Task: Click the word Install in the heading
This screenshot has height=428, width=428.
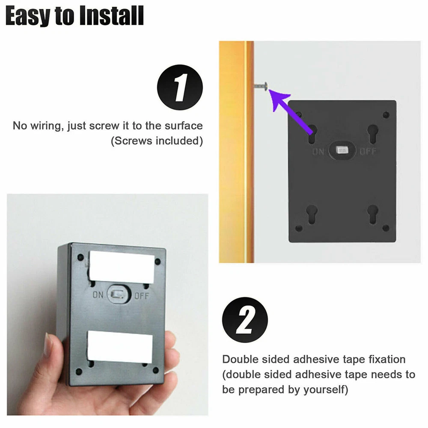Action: point(112,16)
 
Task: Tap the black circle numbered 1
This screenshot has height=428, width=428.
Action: point(180,87)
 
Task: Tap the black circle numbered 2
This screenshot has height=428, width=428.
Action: point(245,320)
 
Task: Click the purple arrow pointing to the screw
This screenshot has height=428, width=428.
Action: point(291,112)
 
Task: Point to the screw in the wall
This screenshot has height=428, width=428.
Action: point(261,86)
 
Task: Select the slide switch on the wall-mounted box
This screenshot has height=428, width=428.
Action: point(342,150)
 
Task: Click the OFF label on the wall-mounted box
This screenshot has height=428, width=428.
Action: point(368,151)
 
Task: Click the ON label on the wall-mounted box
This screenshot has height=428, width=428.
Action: point(318,151)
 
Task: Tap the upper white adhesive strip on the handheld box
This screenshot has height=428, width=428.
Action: point(122,267)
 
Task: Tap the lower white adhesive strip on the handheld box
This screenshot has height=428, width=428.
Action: point(119,347)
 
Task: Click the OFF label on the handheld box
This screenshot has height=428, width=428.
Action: point(142,296)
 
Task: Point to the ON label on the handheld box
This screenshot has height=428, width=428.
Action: point(98,295)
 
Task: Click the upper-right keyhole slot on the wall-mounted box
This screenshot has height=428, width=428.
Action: point(373,134)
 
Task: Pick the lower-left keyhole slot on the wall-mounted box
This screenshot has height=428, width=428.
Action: point(312,214)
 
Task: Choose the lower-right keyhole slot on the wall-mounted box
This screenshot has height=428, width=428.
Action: point(373,214)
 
